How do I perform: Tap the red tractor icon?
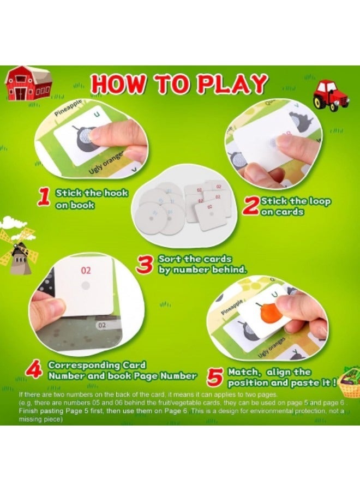(331, 95)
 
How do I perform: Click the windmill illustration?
(19, 248)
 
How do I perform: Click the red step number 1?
(44, 197)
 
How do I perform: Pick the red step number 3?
(145, 265)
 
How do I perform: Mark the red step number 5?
(214, 376)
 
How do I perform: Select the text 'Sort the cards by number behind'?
(195, 264)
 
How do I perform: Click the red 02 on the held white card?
(86, 270)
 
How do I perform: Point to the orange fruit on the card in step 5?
(267, 312)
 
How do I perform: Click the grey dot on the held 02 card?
(85, 285)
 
